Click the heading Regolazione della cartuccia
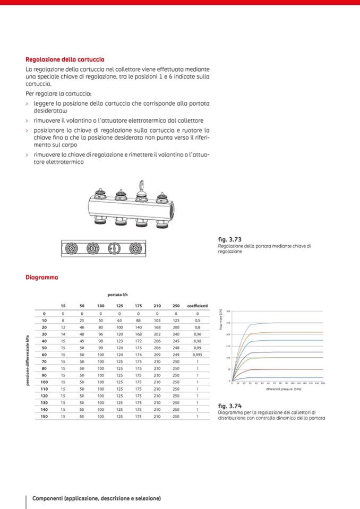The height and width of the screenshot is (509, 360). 65,59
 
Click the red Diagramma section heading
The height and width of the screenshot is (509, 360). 42,277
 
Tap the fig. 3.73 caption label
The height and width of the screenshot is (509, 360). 230,239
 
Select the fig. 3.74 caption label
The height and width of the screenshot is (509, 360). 230,406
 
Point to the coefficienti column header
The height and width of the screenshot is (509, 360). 198,306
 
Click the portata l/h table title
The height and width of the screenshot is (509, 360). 117,295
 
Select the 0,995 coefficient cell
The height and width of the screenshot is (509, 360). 198,354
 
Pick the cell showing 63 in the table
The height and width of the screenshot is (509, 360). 119,320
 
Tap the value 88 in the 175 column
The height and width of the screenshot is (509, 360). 138,320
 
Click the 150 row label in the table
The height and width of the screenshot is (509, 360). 44,417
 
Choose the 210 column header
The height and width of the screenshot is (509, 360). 157,306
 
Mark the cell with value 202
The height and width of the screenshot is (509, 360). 157,334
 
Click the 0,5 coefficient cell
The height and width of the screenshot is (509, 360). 198,320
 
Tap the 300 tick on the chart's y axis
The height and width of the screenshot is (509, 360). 228,312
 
